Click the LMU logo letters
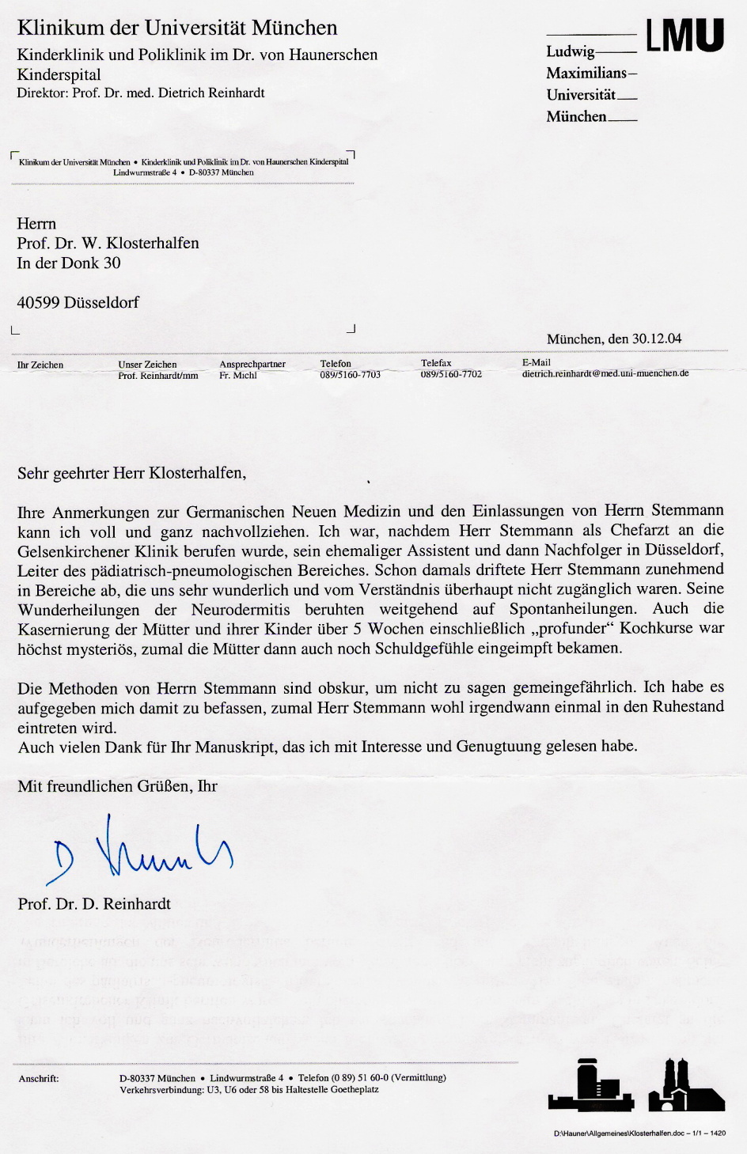(x=684, y=36)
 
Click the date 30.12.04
(x=656, y=339)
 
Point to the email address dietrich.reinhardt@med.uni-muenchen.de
(x=605, y=373)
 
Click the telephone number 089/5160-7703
(x=350, y=375)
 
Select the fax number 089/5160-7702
(x=451, y=374)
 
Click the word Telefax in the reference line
(x=436, y=363)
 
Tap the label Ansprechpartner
(x=252, y=364)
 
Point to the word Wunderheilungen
(x=78, y=609)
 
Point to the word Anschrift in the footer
(x=39, y=1078)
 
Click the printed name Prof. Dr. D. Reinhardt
(x=94, y=904)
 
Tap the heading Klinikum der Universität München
(x=177, y=28)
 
